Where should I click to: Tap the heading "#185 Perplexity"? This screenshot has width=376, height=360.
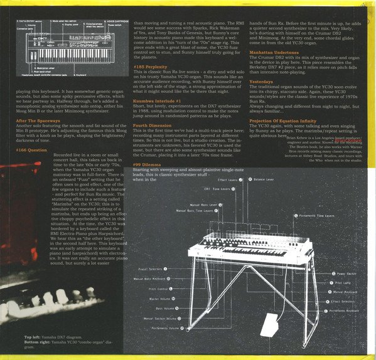[x=151, y=66]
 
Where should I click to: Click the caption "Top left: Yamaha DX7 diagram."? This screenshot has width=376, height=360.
[x=56, y=337]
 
